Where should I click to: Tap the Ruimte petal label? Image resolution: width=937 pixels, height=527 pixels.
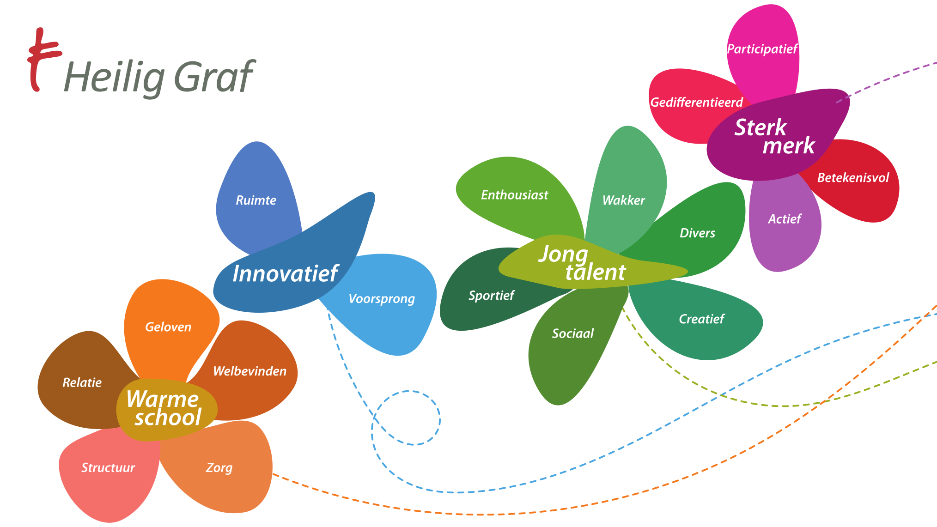[x=256, y=200]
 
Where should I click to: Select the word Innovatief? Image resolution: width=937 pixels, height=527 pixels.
[x=285, y=273]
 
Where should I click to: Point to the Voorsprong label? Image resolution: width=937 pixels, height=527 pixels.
[x=381, y=299]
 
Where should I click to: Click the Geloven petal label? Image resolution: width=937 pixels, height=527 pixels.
[x=168, y=327]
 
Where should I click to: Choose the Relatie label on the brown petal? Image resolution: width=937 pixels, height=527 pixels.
[x=82, y=382]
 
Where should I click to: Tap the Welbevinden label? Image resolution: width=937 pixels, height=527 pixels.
[x=249, y=371]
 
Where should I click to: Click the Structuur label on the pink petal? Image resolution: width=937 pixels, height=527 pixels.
[x=108, y=468]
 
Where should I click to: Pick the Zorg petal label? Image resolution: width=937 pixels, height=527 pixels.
[x=219, y=468]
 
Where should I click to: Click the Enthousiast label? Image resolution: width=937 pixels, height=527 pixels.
[x=514, y=195]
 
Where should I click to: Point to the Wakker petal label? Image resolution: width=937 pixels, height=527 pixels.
[x=623, y=200]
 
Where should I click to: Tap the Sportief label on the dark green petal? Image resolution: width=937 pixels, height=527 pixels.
[x=491, y=296]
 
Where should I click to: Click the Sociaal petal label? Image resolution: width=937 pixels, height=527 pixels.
[x=573, y=333]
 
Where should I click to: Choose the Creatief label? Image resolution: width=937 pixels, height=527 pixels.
[x=701, y=319]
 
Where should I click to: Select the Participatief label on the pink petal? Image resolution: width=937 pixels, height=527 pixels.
[x=762, y=49]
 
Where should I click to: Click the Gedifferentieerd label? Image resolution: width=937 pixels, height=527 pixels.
[x=696, y=103]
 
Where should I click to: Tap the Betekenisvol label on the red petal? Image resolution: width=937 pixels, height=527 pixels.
[x=853, y=178]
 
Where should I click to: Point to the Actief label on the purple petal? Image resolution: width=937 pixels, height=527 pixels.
[x=785, y=219]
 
